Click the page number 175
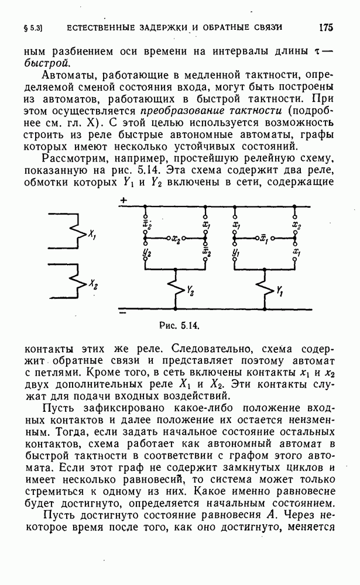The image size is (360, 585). (325, 27)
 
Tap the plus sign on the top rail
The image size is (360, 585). (123, 201)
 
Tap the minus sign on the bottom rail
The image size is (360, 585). (122, 312)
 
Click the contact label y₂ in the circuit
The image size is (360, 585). (147, 253)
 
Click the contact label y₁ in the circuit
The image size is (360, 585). (236, 253)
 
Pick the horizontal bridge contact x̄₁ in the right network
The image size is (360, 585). (264, 239)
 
